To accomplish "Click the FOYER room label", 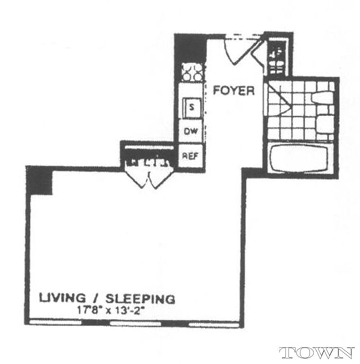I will click(234, 90).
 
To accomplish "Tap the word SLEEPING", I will click(140, 298).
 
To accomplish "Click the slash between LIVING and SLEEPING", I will click(95, 298).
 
